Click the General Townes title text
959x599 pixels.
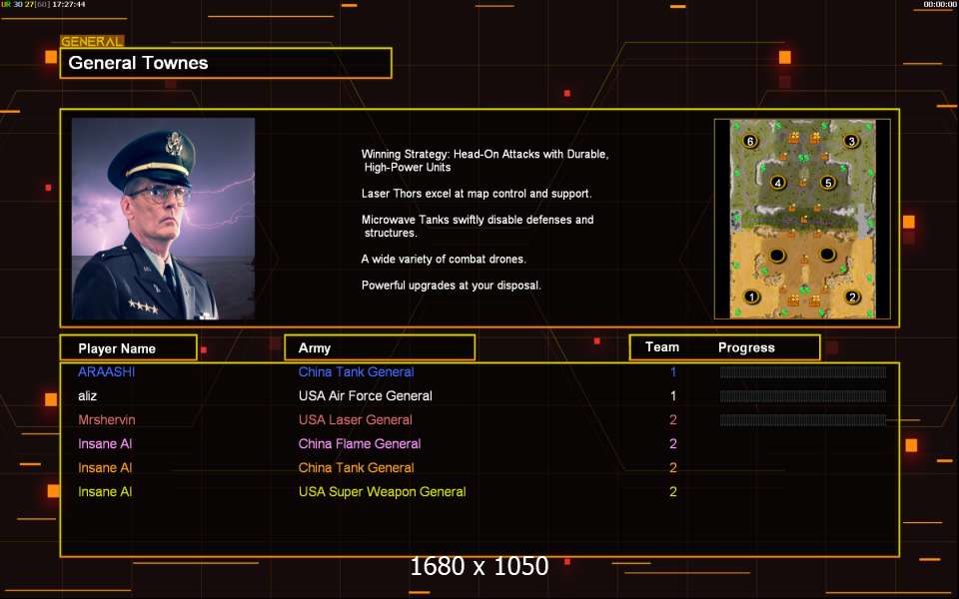tap(138, 63)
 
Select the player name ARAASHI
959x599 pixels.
tap(107, 371)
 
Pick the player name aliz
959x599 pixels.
tap(88, 395)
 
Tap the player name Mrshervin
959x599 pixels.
tap(107, 420)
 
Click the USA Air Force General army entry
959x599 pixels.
tap(366, 395)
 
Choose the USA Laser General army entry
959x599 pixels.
tap(356, 420)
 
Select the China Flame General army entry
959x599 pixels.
tap(360, 443)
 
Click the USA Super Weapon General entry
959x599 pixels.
tap(383, 491)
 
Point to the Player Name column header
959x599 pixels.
tap(117, 348)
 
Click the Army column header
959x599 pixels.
tap(315, 348)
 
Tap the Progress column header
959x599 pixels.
tap(746, 347)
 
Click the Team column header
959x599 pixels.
tap(662, 347)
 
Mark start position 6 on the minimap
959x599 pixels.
tap(750, 141)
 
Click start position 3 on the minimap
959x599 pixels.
tap(851, 141)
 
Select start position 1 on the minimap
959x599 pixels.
tap(751, 298)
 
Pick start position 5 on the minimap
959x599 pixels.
tap(827, 182)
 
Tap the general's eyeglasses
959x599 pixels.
tap(159, 195)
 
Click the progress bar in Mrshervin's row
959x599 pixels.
tap(803, 420)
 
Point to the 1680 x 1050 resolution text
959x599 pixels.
tap(479, 567)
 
